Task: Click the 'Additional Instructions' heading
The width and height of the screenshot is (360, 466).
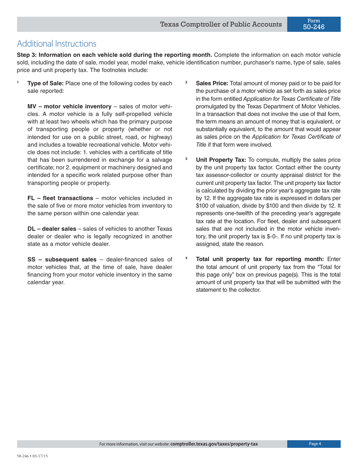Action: (56, 44)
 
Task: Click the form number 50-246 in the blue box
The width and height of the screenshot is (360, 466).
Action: (314, 27)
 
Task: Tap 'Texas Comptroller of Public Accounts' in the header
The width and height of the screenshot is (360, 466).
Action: (221, 24)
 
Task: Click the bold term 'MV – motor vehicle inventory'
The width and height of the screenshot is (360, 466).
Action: (69, 106)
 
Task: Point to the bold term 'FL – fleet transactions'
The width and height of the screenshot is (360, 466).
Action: (60, 198)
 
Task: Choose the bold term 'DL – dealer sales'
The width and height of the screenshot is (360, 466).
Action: (52, 229)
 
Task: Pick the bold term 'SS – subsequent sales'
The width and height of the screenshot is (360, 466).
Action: (62, 260)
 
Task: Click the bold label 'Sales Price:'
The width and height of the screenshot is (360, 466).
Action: (212, 83)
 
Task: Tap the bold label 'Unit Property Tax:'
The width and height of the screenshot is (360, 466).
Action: (221, 160)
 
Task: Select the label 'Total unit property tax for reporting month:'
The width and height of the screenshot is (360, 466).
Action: (260, 259)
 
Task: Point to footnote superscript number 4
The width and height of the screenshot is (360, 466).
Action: (186, 258)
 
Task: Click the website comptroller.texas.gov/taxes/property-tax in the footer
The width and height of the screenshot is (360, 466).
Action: (214, 444)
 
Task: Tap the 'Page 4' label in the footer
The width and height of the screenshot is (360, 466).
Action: (315, 444)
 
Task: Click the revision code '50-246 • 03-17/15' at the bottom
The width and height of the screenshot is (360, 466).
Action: (32, 456)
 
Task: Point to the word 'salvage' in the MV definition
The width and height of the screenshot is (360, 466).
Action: (162, 160)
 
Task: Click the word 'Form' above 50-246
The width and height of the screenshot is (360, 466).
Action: (314, 21)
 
